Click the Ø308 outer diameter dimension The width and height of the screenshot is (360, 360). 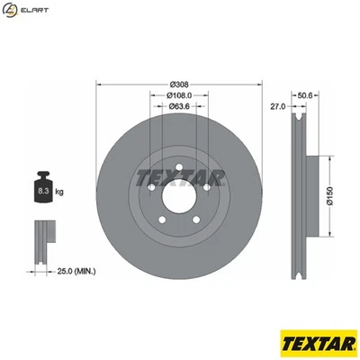(x=177, y=84)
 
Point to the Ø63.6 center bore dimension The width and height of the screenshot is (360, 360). (x=177, y=106)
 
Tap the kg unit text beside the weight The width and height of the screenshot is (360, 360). (x=59, y=193)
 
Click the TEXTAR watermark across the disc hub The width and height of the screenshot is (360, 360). (x=177, y=177)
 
